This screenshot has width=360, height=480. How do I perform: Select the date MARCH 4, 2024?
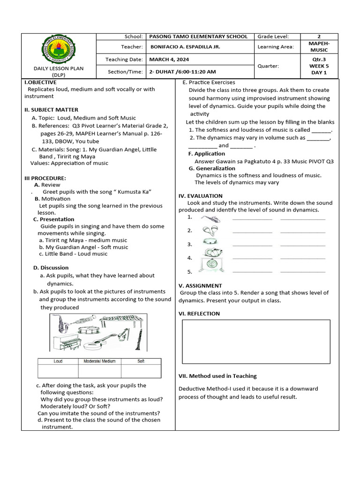[169, 60]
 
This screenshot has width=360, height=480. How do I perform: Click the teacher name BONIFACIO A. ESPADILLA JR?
[185, 47]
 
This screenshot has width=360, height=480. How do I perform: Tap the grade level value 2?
[319, 37]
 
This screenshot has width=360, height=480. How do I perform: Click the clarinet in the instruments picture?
[139, 336]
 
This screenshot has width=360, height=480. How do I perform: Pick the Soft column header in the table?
[141, 361]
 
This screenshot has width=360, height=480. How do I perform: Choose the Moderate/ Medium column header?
[99, 361]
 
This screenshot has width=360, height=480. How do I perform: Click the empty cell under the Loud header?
[58, 371]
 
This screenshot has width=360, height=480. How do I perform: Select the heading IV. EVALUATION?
[201, 196]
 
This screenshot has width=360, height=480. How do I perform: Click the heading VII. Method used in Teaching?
[217, 376]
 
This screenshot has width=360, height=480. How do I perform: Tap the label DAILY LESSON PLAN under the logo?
[59, 68]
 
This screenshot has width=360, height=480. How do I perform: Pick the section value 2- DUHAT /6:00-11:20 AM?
[182, 72]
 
